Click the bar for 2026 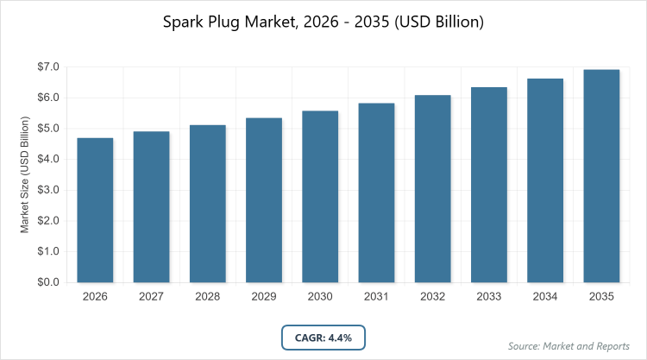[95, 210]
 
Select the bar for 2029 [264, 200]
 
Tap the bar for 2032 [433, 188]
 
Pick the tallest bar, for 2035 [601, 176]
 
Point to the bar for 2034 [545, 180]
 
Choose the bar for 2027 [151, 206]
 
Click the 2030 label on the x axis [320, 296]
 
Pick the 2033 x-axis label [489, 296]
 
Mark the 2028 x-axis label [208, 296]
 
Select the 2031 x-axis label [377, 296]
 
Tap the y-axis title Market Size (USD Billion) [26, 174]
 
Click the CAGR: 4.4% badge [323, 337]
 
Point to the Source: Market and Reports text [569, 346]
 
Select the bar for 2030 [320, 197]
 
